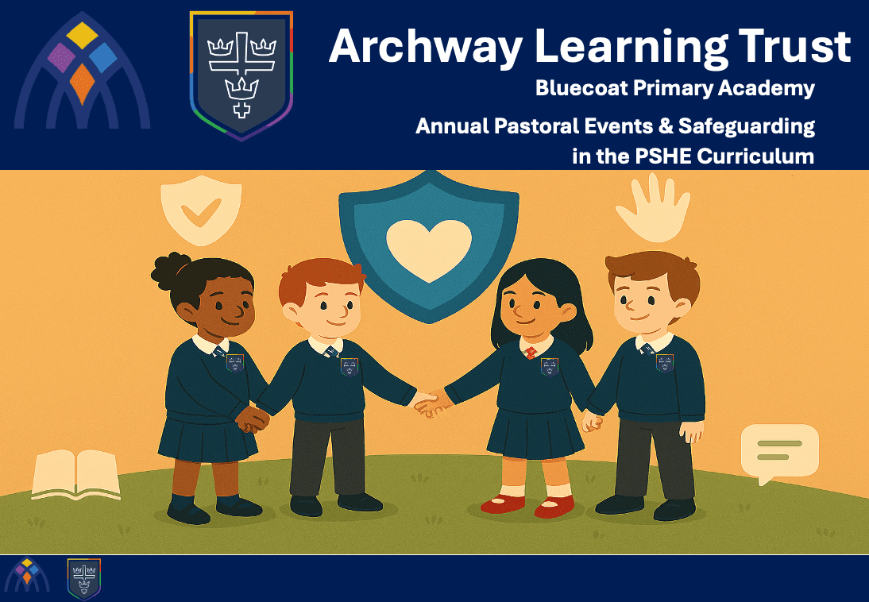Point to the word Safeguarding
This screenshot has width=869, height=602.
click(x=747, y=127)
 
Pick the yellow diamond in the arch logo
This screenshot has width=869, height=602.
click(x=82, y=35)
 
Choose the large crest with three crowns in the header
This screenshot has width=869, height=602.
click(x=241, y=75)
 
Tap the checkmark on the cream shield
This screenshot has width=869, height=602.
click(x=201, y=212)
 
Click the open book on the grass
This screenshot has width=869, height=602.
click(x=76, y=474)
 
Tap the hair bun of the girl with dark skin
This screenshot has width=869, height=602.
click(x=170, y=271)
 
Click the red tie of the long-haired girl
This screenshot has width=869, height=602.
click(x=531, y=353)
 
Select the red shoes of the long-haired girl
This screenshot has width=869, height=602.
click(x=527, y=505)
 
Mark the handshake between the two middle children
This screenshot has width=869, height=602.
click(x=432, y=403)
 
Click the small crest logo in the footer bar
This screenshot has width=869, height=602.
click(x=83, y=579)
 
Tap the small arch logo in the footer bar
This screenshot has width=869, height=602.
click(x=26, y=575)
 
